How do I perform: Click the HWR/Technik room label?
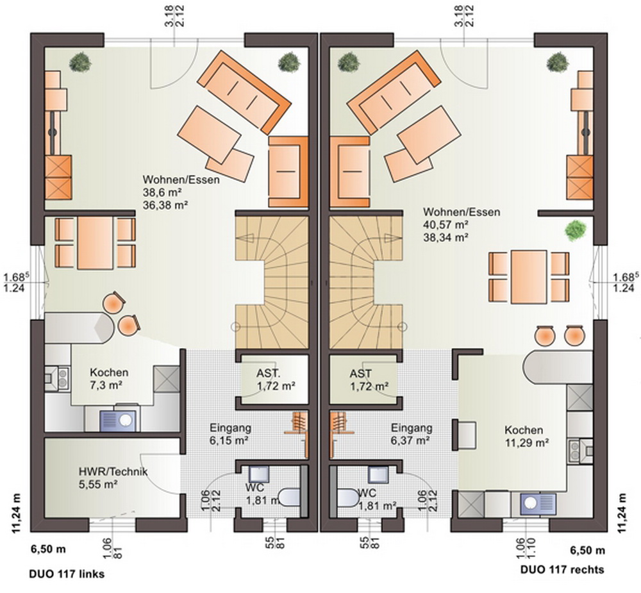click(113, 472)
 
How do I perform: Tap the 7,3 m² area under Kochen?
click(106, 385)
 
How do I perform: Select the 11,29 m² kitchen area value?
click(526, 442)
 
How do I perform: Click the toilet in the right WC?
click(348, 497)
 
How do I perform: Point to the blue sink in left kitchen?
click(118, 421)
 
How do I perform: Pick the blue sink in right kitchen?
click(538, 504)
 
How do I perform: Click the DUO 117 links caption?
click(67, 574)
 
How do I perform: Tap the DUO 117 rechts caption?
click(563, 569)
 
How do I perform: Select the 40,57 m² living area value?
click(445, 224)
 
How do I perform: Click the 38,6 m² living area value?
click(162, 192)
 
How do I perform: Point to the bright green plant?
click(576, 230)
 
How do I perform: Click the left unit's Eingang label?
click(231, 428)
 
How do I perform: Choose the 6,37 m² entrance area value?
click(410, 440)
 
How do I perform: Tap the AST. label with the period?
click(269, 373)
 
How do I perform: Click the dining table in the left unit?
click(96, 243)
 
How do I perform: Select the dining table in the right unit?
click(529, 277)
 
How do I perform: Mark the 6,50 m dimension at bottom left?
click(48, 549)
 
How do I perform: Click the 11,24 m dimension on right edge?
click(622, 513)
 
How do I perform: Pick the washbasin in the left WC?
click(259, 474)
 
